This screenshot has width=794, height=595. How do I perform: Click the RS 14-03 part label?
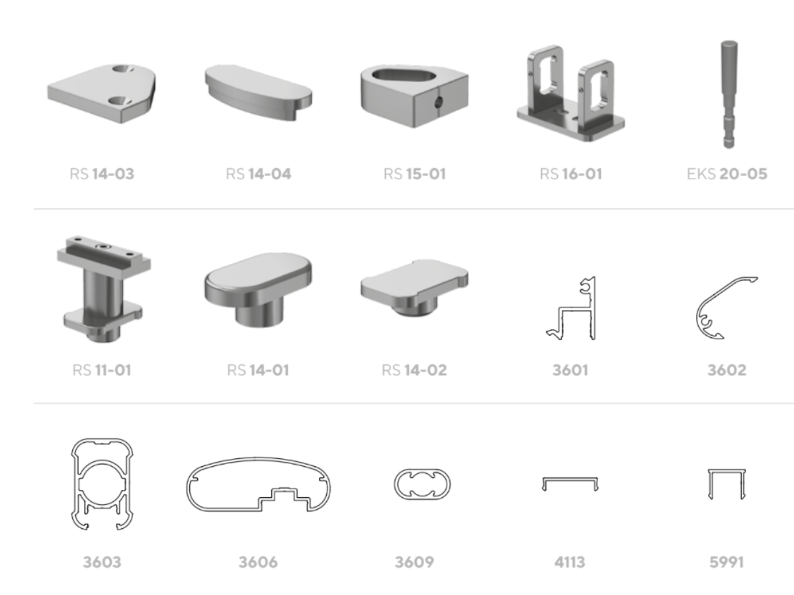point(102,174)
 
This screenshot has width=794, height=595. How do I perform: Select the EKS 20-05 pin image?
point(729,95)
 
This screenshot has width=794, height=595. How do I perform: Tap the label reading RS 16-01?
point(571,174)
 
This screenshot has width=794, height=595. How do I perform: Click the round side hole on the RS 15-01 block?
point(438,102)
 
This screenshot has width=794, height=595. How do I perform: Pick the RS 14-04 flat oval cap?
point(258,93)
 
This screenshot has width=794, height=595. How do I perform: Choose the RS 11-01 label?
point(102,370)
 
